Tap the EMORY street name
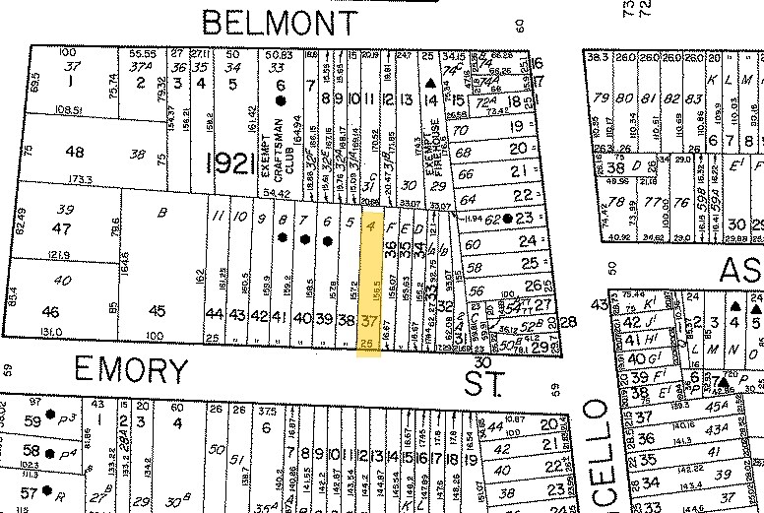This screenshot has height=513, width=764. click(x=132, y=371)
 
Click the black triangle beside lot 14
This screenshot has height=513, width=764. click(x=429, y=99)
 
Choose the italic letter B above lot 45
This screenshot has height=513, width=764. click(x=162, y=210)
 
